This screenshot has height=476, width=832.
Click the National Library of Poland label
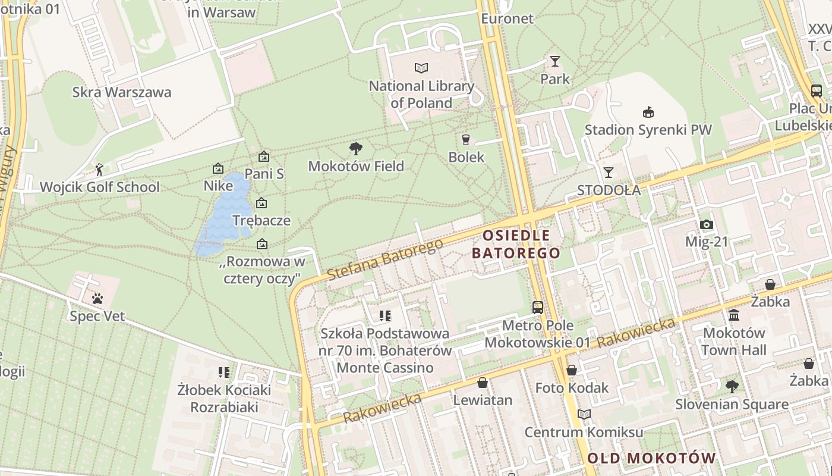pyautogui.click(x=421, y=95)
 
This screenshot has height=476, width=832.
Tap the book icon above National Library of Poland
pyautogui.click(x=421, y=68)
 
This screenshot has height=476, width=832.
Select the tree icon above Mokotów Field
pyautogui.click(x=356, y=148)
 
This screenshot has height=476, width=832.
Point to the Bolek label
pyautogui.click(x=467, y=158)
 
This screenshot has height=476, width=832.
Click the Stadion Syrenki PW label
pyautogui.click(x=648, y=130)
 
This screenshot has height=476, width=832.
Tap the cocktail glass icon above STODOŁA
pyautogui.click(x=609, y=173)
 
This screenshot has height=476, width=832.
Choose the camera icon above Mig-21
pyautogui.click(x=706, y=224)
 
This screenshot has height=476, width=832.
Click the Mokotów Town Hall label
pyautogui.click(x=734, y=341)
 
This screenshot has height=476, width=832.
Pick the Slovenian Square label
pyautogui.click(x=732, y=405)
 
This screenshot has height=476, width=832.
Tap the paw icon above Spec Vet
pyautogui.click(x=97, y=298)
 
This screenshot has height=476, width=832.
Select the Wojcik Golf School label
pyautogui.click(x=99, y=187)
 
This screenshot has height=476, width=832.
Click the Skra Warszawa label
pyautogui.click(x=121, y=92)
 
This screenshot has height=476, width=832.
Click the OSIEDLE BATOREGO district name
pyautogui.click(x=516, y=244)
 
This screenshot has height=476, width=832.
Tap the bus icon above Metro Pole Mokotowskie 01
pyautogui.click(x=538, y=307)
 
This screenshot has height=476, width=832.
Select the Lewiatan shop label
pyautogui.click(x=483, y=400)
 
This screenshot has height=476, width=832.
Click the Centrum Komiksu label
pyautogui.click(x=584, y=432)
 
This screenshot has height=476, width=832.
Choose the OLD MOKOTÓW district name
pyautogui.click(x=651, y=458)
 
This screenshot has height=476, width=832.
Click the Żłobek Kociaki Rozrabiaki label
pyautogui.click(x=225, y=399)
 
